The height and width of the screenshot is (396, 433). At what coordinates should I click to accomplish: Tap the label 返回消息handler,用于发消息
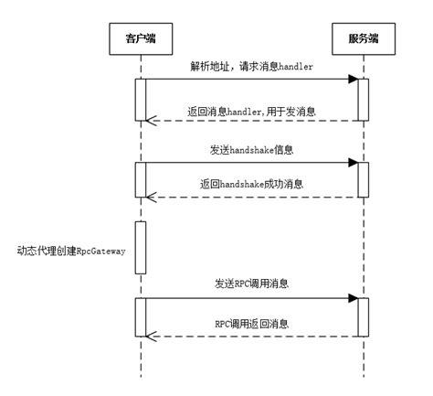(251, 110)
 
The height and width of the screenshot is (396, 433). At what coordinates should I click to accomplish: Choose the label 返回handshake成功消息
(251, 184)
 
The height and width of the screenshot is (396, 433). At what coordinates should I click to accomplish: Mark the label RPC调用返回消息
(251, 323)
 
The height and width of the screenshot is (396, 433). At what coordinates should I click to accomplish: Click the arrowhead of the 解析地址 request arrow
(352, 80)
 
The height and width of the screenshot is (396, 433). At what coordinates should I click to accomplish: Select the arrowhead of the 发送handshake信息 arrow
(352, 163)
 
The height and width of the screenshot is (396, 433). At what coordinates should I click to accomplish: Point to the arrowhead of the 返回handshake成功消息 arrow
(152, 196)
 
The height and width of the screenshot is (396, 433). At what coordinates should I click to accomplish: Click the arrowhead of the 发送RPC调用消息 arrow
(352, 297)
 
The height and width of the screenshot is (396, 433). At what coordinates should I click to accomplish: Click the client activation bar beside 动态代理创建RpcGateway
(141, 247)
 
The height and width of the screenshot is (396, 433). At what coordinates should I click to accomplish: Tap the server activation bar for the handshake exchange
(363, 179)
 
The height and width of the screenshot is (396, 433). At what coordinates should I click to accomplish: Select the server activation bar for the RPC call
(363, 316)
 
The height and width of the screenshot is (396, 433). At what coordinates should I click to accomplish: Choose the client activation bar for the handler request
(141, 100)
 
